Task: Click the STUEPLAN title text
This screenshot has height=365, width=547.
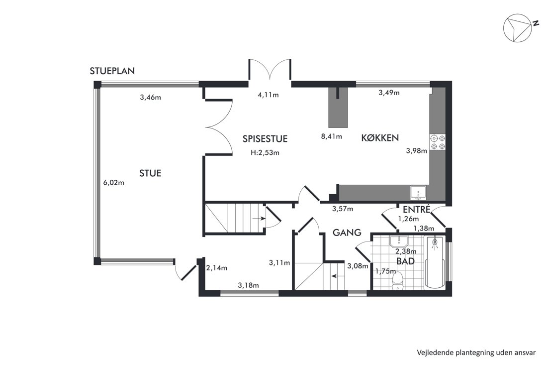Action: click(x=112, y=71)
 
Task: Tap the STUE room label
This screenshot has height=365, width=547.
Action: click(x=150, y=173)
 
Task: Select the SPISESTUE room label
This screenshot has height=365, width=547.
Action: click(x=265, y=138)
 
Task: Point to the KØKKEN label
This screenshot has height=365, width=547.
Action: click(x=380, y=137)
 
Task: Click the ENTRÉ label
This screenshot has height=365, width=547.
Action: click(x=417, y=209)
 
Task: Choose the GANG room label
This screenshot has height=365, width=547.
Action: click(x=347, y=233)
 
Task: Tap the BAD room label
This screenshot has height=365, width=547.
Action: click(x=405, y=261)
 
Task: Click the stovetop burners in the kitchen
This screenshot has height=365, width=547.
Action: click(x=438, y=142)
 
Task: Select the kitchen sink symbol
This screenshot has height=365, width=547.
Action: click(x=418, y=192)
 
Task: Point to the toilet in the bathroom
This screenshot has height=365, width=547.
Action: click(x=398, y=281)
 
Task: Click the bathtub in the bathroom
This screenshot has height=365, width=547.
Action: click(x=434, y=262)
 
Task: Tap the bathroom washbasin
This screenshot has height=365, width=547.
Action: click(x=399, y=241)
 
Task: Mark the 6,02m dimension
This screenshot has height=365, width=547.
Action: click(x=114, y=182)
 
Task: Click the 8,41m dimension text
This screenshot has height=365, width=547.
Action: click(x=331, y=136)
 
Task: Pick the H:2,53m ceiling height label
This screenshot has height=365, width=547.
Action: click(x=265, y=152)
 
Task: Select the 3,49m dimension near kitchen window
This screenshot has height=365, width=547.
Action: click(x=389, y=93)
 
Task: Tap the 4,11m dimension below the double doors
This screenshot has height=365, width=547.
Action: click(x=268, y=95)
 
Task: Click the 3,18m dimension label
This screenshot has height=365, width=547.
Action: click(x=248, y=285)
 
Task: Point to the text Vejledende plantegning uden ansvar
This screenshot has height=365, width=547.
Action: click(x=476, y=353)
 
